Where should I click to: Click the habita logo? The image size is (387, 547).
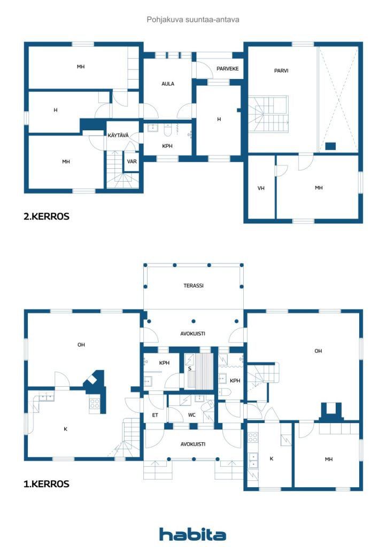tap(192, 534)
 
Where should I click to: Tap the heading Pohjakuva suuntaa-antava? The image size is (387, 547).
tap(193, 20)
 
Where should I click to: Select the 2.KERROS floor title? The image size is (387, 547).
tap(47, 216)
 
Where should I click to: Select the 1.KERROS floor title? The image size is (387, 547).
tap(47, 484)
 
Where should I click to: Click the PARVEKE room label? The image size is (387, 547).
tap(228, 69)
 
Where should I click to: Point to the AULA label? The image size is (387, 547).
tap(168, 84)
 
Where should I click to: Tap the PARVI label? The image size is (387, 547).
tap(281, 71)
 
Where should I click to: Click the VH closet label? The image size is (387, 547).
tap(261, 189)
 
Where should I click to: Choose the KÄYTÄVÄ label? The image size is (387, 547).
tap(118, 135)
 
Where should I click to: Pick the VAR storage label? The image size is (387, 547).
tap(132, 161)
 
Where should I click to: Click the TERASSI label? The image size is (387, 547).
tap(193, 286)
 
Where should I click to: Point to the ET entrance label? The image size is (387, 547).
tap(155, 415)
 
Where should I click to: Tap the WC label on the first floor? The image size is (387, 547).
tap(192, 415)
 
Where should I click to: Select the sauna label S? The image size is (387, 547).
tap(190, 369)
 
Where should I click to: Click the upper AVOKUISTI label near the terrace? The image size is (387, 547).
tap(192, 334)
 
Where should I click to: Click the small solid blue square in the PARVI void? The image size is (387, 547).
tap(330, 146)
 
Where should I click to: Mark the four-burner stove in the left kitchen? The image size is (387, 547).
tap(95, 404)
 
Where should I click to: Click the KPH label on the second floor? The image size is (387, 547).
tap(167, 146)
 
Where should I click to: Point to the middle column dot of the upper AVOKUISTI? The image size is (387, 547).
tap(193, 321)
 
